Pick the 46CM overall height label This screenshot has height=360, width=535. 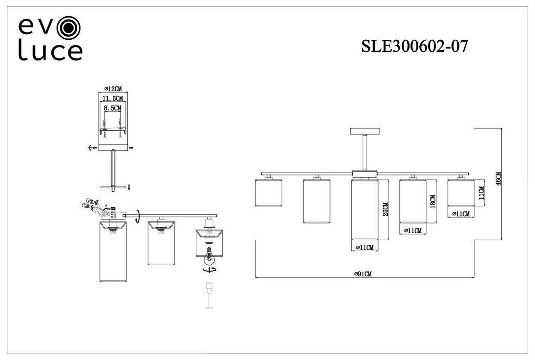(x=498, y=180)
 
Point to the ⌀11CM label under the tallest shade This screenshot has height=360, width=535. (x=363, y=248)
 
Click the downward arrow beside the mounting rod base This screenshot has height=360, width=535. (x=129, y=187)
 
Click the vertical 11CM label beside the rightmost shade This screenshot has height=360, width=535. (x=481, y=192)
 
